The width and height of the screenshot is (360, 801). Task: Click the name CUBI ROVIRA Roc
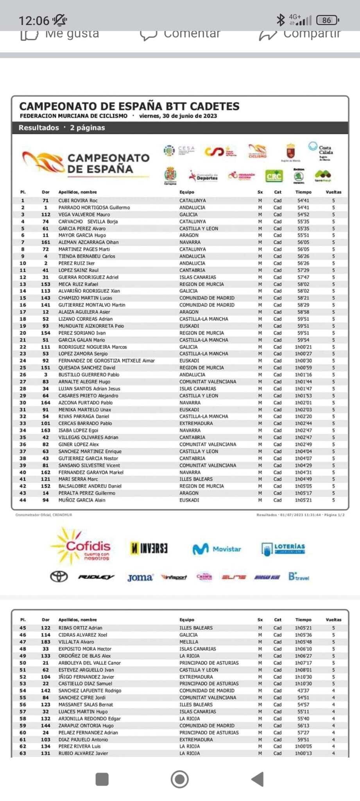[78, 200]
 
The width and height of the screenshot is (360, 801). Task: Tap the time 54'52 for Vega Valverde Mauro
[303, 214]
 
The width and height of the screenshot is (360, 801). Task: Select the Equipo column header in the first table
[186, 192]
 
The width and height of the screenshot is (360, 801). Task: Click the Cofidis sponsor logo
[80, 546]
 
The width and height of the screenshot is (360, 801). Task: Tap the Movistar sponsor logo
[217, 549]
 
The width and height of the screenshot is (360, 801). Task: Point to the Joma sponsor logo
[140, 577]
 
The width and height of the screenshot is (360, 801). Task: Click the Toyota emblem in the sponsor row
[59, 577]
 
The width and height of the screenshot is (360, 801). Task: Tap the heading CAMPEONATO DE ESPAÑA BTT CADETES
[129, 106]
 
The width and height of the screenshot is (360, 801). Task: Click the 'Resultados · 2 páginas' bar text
[62, 128]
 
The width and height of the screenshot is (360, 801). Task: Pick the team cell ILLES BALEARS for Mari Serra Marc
[196, 479]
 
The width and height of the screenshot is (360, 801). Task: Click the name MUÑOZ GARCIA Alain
[82, 500]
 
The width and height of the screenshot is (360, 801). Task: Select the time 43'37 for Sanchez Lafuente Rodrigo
[303, 690]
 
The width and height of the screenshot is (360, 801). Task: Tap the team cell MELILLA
[188, 642]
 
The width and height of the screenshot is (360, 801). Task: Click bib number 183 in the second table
[45, 642]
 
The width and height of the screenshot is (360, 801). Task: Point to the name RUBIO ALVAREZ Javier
[83, 753]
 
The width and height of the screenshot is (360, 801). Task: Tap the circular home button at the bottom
[180, 779]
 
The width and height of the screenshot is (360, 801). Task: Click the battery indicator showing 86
[327, 20]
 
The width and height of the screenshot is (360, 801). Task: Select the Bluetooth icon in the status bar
[280, 20]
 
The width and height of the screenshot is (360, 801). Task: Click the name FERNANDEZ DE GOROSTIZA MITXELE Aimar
[106, 361]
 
